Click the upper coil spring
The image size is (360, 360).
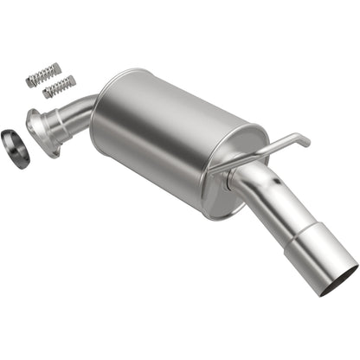[x=43, y=74]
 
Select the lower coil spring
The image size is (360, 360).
[x=59, y=87]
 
